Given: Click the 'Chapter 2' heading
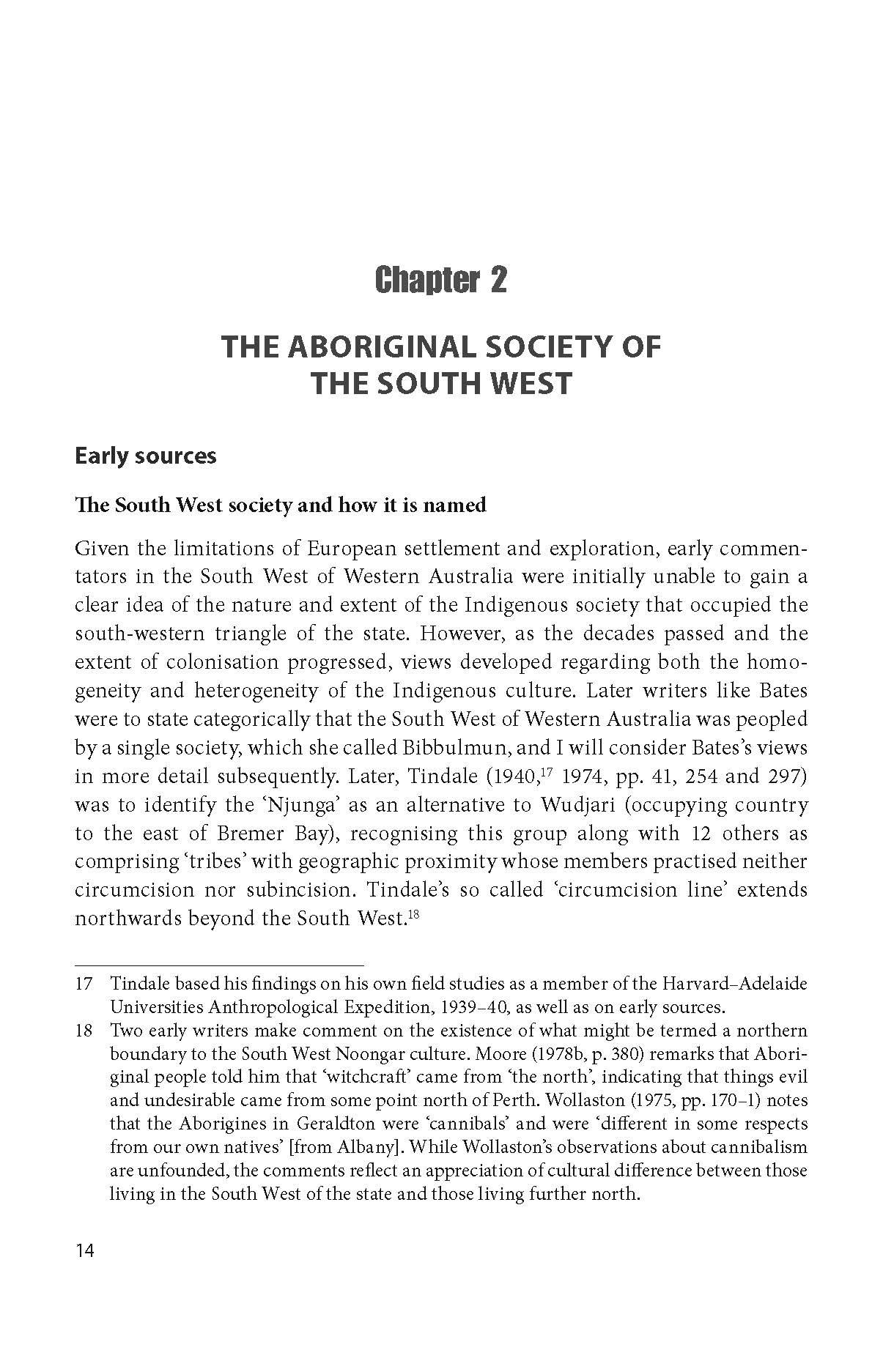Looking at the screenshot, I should (x=440, y=280).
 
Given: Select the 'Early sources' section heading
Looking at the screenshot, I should (x=146, y=456).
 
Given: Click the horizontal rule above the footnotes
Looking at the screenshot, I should (x=219, y=965).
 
